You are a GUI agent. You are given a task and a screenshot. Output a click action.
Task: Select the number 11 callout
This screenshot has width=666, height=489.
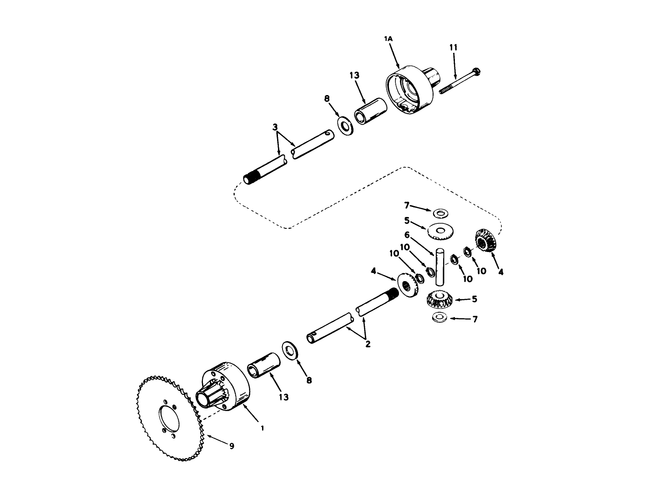[454, 47]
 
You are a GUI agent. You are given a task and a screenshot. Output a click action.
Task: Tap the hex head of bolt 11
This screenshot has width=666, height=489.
[476, 71]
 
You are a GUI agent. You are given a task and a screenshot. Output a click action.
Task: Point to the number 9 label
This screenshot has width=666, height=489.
[232, 446]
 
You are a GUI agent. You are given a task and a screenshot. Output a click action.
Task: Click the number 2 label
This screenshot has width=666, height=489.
[368, 344]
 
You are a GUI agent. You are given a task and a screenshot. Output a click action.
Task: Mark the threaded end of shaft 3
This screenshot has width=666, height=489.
[252, 177]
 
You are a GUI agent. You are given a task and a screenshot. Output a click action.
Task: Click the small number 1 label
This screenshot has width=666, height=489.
[262, 428]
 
